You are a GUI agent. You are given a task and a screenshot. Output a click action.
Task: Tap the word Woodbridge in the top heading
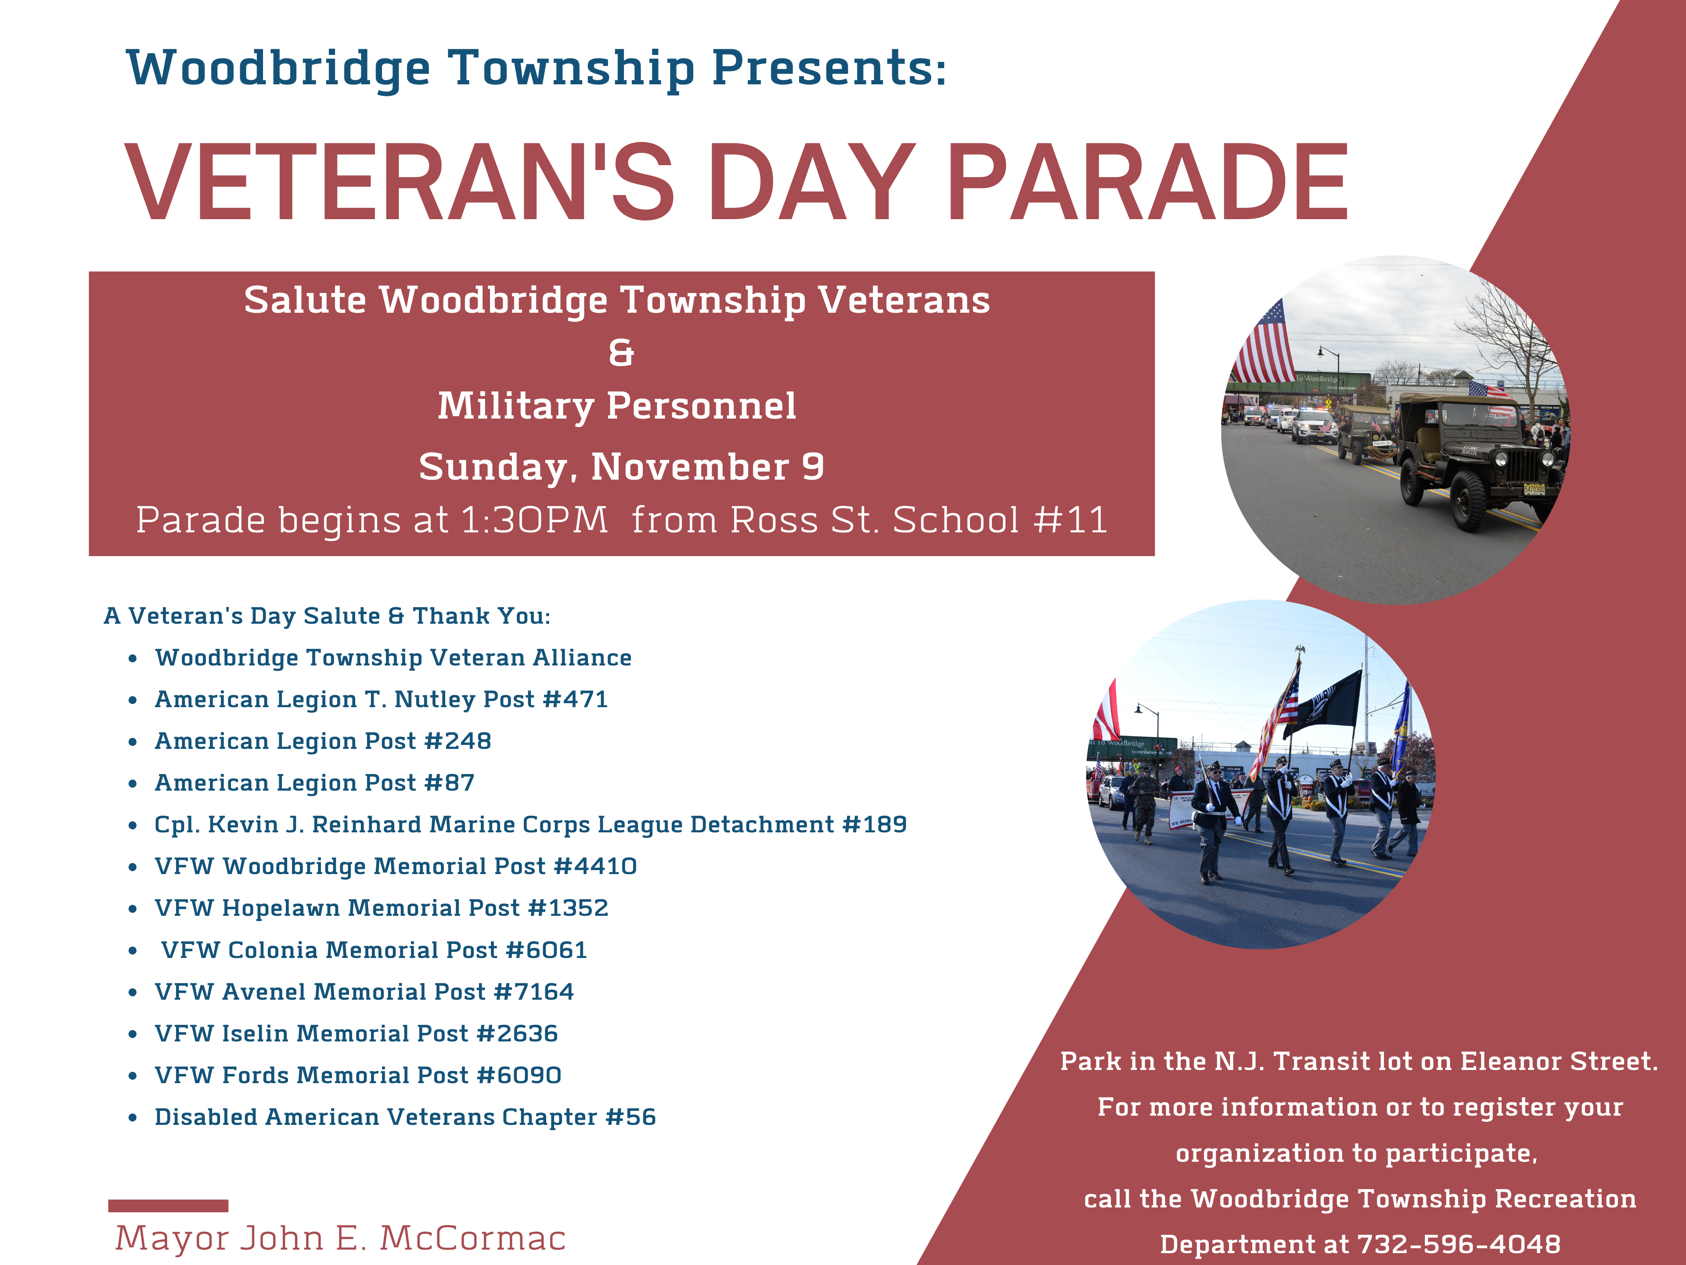[x=278, y=69]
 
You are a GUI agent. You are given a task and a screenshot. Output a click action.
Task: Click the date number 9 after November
[x=813, y=466]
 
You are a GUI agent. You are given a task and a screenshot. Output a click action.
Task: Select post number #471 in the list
[x=576, y=699]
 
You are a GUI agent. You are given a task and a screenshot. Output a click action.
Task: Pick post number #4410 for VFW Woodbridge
[x=595, y=866]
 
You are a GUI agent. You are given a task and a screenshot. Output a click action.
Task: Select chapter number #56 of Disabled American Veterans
[x=630, y=1117]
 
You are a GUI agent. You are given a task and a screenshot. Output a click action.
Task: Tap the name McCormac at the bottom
[x=472, y=1238]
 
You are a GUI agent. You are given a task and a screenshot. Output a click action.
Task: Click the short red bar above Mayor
[x=168, y=1206]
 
